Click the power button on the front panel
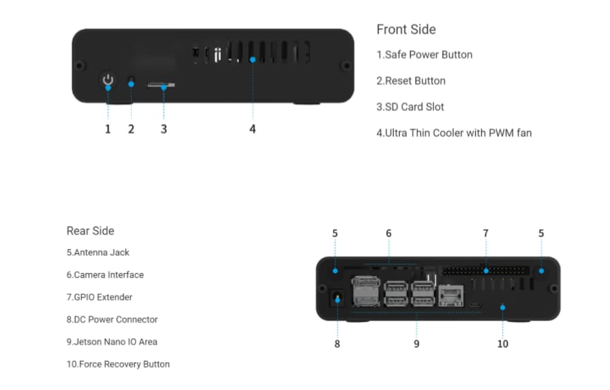[x=108, y=82]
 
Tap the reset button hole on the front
[x=132, y=82]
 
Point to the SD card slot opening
[x=162, y=85]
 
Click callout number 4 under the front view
[x=253, y=129]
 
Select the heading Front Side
[x=406, y=30]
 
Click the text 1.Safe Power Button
[x=425, y=54]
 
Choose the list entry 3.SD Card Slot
[x=410, y=107]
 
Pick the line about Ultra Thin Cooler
[x=454, y=133]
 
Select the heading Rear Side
[x=91, y=231]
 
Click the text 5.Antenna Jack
[x=97, y=253]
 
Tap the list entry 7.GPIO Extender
[x=100, y=297]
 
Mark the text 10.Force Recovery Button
[x=118, y=364]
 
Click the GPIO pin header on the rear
[x=485, y=271]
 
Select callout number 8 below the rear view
[x=337, y=344]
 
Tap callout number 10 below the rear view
[x=502, y=344]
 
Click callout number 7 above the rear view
[x=485, y=233]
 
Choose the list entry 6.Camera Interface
[x=105, y=275]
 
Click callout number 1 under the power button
[x=108, y=129]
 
